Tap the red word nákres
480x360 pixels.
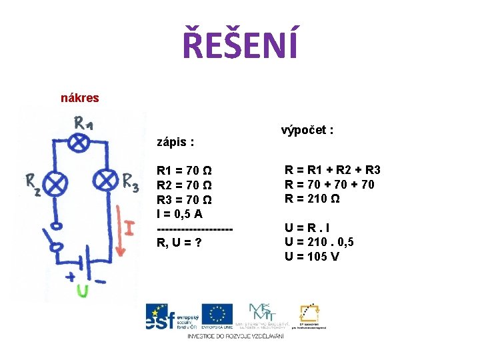pyautogui.click(x=79, y=98)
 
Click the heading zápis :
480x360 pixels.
pyautogui.click(x=175, y=142)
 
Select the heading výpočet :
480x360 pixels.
pyautogui.click(x=307, y=130)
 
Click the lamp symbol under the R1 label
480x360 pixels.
pyautogui.click(x=81, y=142)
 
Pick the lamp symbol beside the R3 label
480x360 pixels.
pyautogui.click(x=106, y=180)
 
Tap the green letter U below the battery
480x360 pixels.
pyautogui.click(x=82, y=291)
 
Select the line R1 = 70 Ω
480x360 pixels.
pyautogui.click(x=185, y=171)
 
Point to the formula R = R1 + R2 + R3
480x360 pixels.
pyautogui.click(x=333, y=170)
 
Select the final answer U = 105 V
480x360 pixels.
pyautogui.click(x=312, y=256)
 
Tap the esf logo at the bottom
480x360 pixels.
pyautogui.click(x=170, y=317)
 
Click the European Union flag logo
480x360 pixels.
pyautogui.click(x=217, y=314)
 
